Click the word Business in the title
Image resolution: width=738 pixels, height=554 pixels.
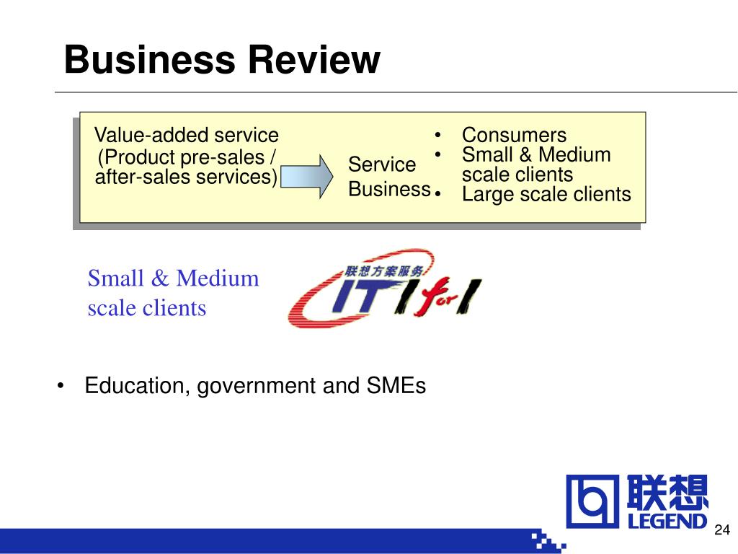pyautogui.click(x=150, y=59)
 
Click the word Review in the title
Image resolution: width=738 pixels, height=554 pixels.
pyautogui.click(x=314, y=59)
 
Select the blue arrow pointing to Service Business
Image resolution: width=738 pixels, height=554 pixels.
pyautogui.click(x=307, y=176)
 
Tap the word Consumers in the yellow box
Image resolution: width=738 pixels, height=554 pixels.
pyautogui.click(x=514, y=135)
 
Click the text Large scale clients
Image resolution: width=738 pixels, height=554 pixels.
pyautogui.click(x=546, y=194)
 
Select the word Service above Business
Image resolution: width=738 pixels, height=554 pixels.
pyautogui.click(x=382, y=164)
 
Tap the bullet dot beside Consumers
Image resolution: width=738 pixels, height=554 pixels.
pyautogui.click(x=437, y=135)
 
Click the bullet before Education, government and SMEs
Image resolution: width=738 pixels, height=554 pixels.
pyautogui.click(x=61, y=387)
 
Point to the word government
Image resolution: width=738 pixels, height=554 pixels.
pyautogui.click(x=257, y=387)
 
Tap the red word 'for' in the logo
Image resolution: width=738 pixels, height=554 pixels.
pyautogui.click(x=439, y=298)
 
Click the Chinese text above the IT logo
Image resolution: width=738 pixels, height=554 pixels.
pyautogui.click(x=383, y=271)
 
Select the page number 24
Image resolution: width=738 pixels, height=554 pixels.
pyautogui.click(x=722, y=529)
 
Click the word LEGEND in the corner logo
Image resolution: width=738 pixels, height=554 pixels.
pyautogui.click(x=667, y=521)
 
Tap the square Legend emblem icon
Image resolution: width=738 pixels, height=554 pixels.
pyautogui.click(x=592, y=501)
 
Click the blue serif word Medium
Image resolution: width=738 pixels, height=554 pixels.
pyautogui.click(x=218, y=278)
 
